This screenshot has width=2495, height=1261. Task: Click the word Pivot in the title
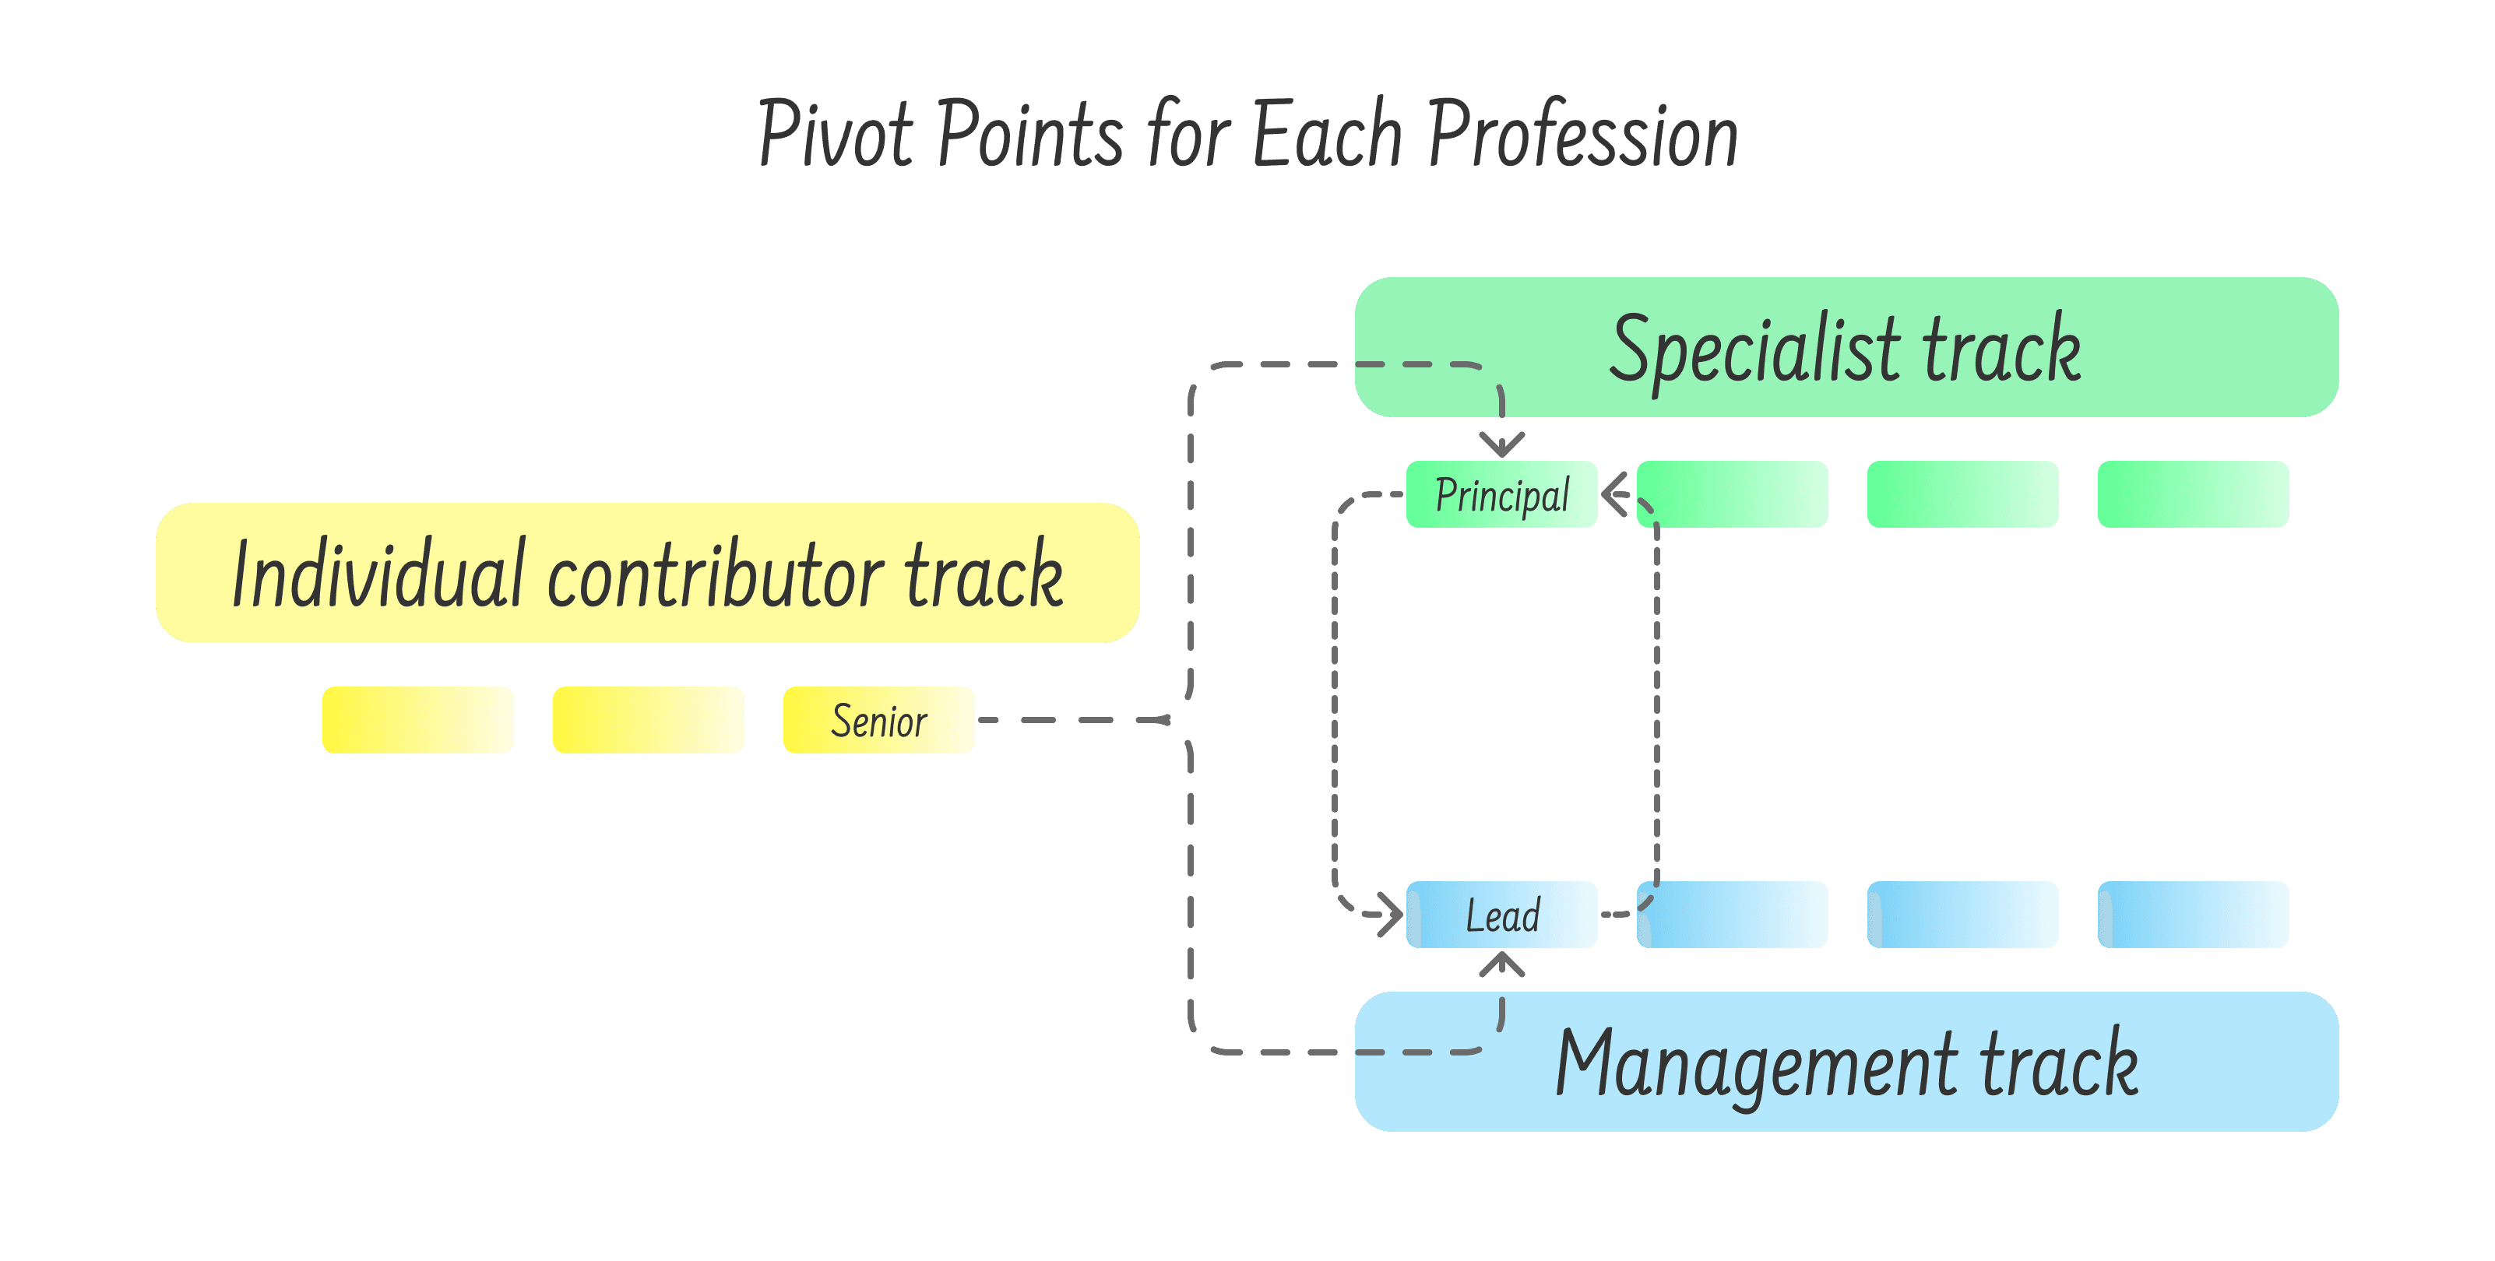835,135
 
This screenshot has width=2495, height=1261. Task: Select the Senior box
878,719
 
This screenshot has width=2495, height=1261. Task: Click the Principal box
1501,494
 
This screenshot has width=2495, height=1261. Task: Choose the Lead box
1501,915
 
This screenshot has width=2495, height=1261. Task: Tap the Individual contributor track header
647,572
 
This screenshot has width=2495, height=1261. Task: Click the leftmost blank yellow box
417,719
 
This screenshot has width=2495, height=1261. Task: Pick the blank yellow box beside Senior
648,719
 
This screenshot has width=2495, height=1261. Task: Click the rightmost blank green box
2193,494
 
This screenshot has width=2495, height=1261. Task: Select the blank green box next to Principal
1732,494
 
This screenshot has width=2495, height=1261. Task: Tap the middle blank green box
1962,494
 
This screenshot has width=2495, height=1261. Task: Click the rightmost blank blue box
2193,915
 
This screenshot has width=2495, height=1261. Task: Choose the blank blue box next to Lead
1732,915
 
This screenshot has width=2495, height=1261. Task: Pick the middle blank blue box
1962,915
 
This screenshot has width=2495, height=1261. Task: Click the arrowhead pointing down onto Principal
1501,445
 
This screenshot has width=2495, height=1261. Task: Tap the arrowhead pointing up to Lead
1501,963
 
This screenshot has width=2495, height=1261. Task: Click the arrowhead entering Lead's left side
1391,915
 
